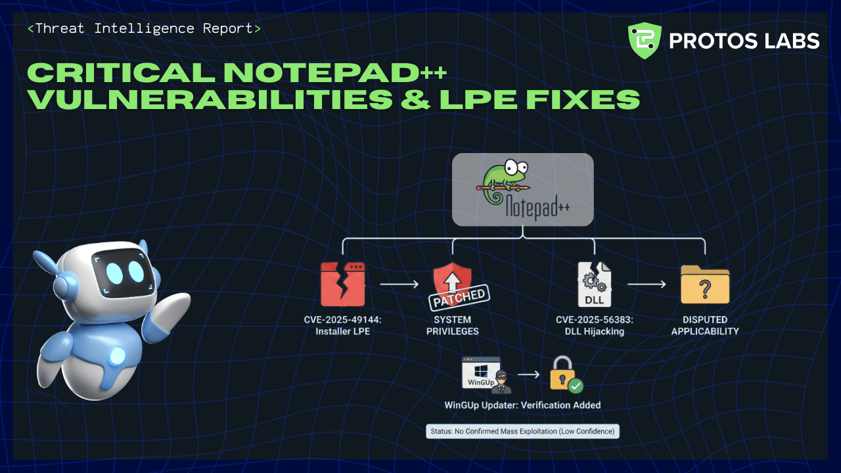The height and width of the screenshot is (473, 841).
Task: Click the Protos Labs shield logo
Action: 645,41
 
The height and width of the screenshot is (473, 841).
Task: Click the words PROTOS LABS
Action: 744,41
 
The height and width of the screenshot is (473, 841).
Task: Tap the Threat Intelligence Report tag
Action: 144,29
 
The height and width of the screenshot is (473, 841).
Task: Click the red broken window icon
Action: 342,284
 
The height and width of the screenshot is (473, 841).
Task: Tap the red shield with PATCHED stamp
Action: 455,286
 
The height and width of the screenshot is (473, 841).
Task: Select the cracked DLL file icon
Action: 594,284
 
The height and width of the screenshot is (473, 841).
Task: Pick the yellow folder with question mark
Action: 705,284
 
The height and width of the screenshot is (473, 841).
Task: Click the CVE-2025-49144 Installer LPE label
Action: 342,326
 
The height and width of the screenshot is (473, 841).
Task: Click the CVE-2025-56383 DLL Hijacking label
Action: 595,326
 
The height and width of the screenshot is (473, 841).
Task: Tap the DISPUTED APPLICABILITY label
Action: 704,326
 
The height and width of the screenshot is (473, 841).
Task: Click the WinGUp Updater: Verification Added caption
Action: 522,405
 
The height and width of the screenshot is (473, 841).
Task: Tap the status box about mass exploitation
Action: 522,431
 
